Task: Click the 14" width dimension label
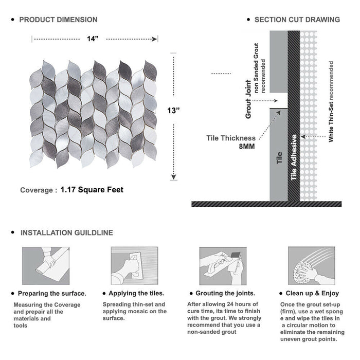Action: coord(93,39)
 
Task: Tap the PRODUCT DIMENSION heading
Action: coord(58,20)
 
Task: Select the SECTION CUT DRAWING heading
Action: coord(297,20)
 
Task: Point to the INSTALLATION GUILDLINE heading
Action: coord(66,233)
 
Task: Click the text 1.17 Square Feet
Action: coord(92,190)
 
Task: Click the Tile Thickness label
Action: coord(231,138)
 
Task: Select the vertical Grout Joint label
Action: coord(248,99)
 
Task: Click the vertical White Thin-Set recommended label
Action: coord(331,102)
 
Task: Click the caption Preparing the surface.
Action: coord(51,293)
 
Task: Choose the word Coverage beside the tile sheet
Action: coord(36,190)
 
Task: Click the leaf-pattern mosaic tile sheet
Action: coord(94,114)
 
